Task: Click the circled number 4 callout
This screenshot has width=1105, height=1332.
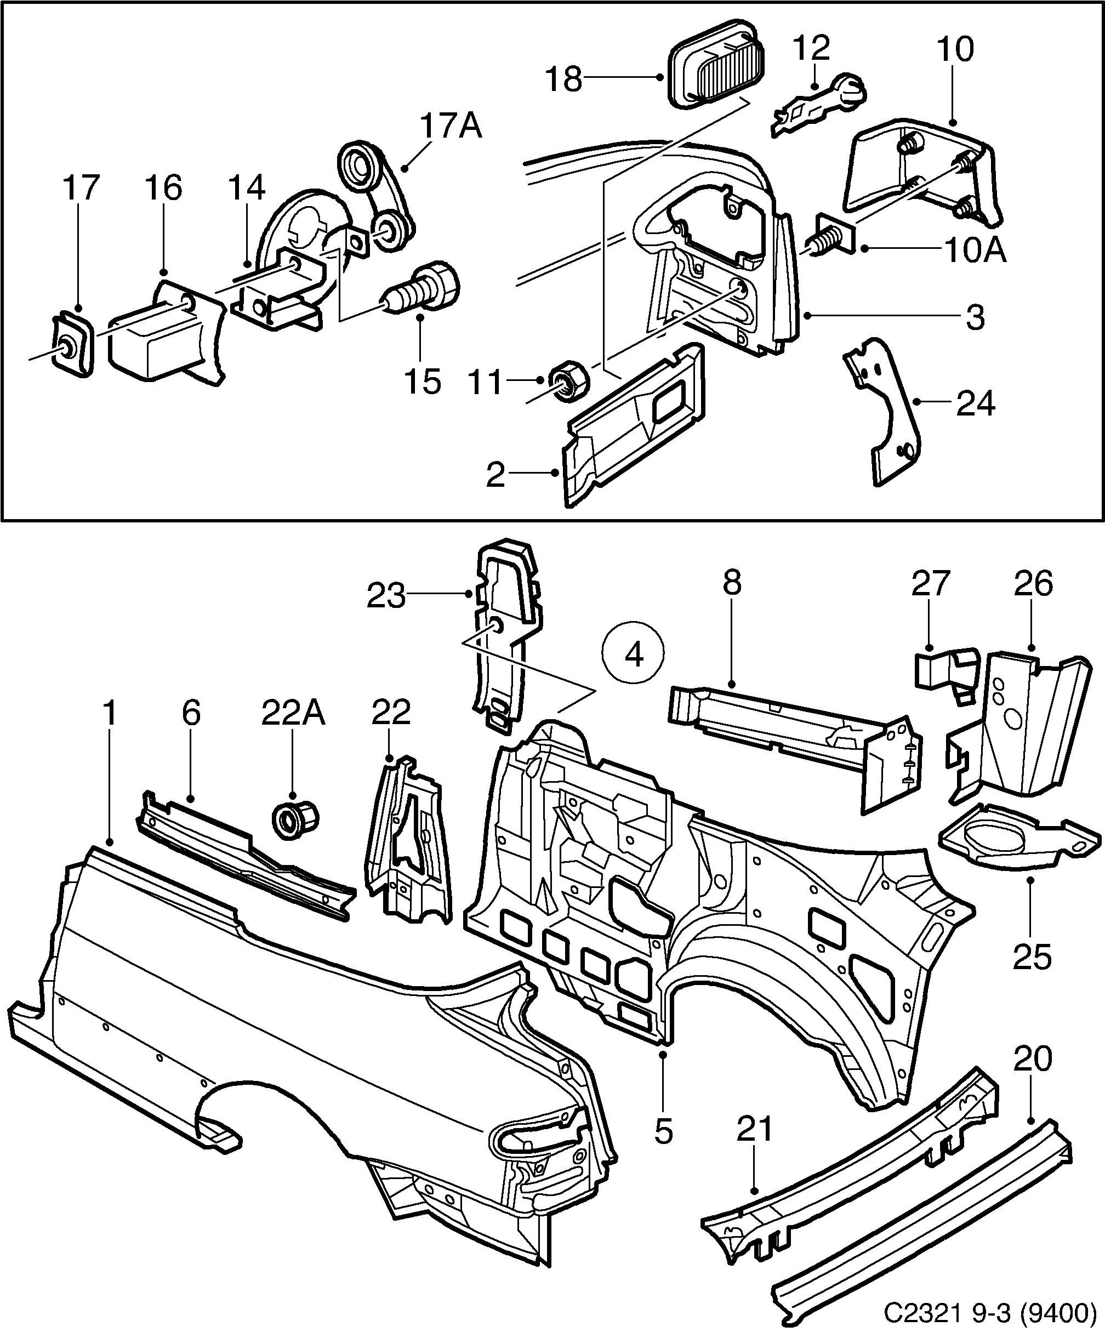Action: point(634,654)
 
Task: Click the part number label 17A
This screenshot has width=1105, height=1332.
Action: point(451,127)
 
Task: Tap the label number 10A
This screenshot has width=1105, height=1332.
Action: point(975,251)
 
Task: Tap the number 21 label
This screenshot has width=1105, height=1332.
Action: point(755,1129)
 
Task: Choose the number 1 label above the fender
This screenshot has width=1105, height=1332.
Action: point(110,714)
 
